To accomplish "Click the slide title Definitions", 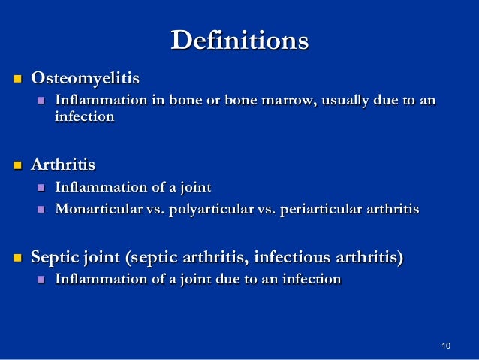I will click(239, 40).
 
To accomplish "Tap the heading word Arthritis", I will click(63, 164).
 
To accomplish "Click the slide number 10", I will click(447, 346).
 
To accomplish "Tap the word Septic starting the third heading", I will click(53, 259).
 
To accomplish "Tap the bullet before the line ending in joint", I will click(42, 188).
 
